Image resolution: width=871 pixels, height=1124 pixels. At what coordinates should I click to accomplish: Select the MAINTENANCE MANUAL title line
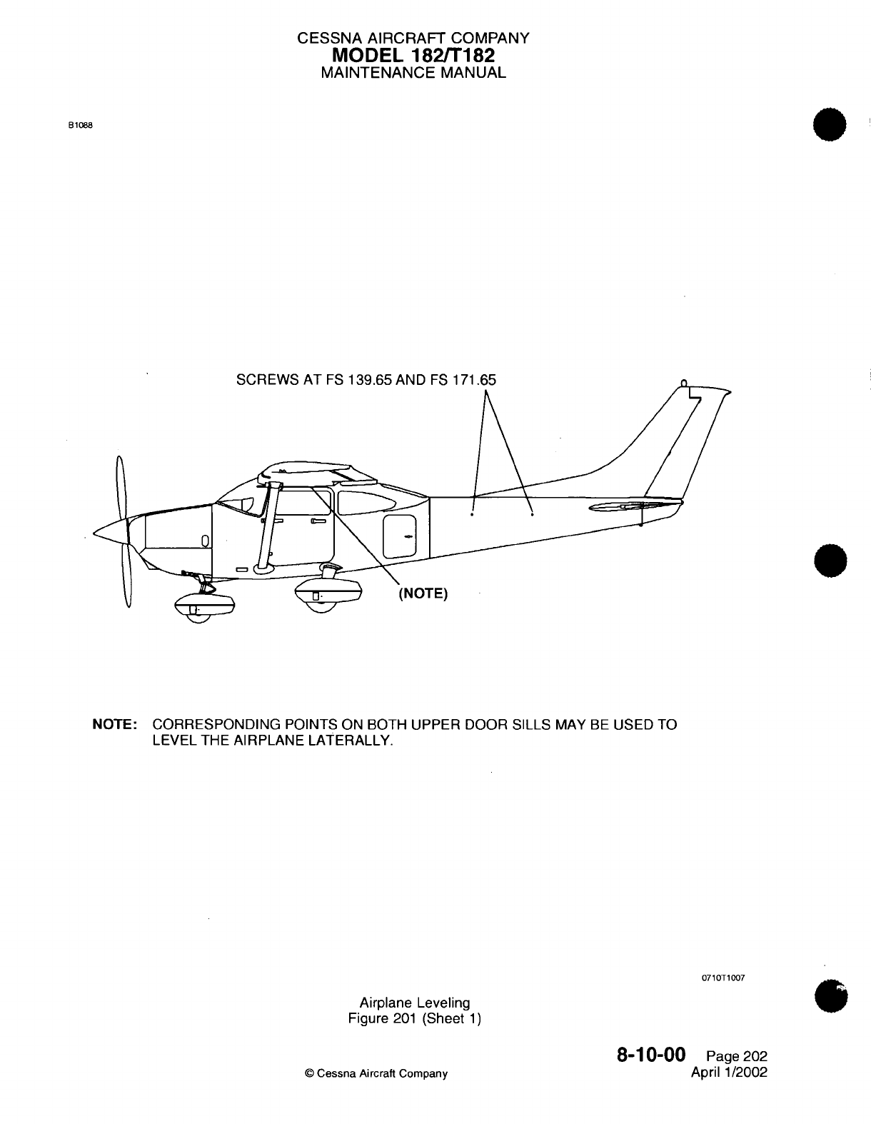point(413,72)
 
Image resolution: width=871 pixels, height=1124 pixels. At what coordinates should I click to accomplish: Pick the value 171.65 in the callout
point(472,379)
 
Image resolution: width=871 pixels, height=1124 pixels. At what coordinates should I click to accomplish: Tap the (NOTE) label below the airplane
point(423,594)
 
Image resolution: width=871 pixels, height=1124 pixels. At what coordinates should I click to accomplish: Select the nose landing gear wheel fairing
point(204,603)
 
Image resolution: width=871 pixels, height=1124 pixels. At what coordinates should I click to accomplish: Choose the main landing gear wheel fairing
point(328,592)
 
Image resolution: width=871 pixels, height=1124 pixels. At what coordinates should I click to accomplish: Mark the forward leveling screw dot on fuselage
point(472,513)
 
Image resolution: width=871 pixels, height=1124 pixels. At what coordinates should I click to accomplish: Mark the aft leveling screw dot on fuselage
point(532,512)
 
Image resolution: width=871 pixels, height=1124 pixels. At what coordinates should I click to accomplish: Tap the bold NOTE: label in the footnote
point(116,725)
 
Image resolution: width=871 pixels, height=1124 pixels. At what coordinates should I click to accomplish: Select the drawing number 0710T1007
point(725,978)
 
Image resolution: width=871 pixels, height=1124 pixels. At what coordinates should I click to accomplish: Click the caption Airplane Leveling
point(414,1003)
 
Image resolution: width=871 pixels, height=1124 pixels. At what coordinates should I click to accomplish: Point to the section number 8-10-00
point(650,1055)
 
